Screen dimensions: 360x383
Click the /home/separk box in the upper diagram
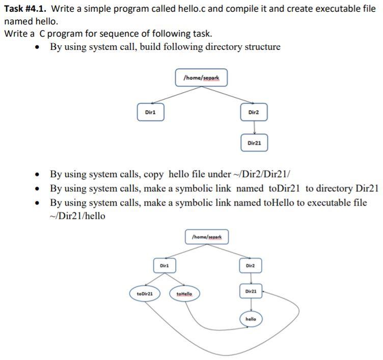(x=201, y=78)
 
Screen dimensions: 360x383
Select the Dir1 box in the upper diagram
(x=150, y=112)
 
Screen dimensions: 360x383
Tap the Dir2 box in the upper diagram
(x=254, y=112)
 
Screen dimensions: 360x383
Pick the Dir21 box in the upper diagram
(x=254, y=143)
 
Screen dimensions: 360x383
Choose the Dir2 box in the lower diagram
(x=250, y=265)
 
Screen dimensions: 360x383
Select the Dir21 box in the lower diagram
(x=251, y=291)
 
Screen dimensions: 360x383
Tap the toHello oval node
(x=187, y=294)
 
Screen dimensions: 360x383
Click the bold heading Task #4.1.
(x=26, y=9)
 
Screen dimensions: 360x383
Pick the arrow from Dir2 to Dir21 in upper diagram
(x=254, y=128)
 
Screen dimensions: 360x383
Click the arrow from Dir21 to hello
(x=251, y=304)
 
